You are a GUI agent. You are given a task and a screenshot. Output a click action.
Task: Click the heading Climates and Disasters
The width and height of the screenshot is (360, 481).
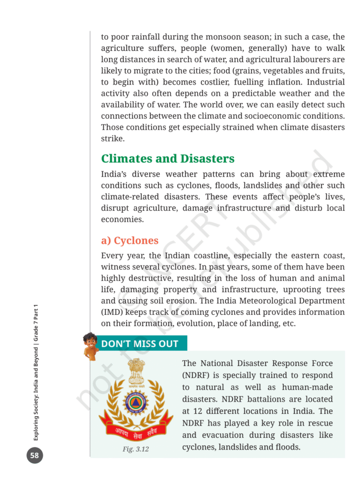pyautogui.click(x=168, y=158)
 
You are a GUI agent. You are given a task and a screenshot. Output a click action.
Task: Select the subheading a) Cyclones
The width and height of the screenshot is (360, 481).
pyautogui.click(x=130, y=240)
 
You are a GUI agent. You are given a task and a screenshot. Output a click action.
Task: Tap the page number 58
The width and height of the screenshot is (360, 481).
pyautogui.click(x=34, y=455)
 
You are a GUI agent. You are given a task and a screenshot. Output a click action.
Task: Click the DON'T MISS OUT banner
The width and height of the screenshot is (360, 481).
pyautogui.click(x=139, y=343)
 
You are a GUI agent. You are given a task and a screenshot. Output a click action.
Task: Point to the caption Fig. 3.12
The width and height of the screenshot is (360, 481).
pyautogui.click(x=136, y=449)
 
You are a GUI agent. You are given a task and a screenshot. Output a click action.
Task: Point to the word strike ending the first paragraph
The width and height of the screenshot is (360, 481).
pyautogui.click(x=112, y=139)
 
